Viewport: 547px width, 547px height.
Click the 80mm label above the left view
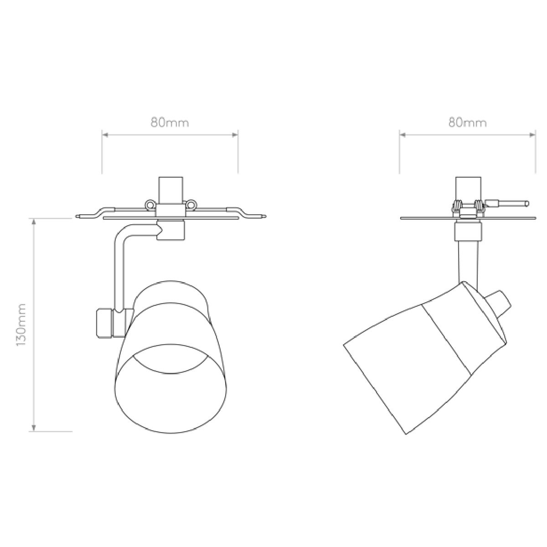click(x=170, y=123)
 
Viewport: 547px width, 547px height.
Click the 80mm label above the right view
click(x=467, y=123)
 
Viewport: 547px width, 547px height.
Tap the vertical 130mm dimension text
click(x=21, y=325)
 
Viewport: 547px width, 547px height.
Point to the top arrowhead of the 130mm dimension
click(x=34, y=222)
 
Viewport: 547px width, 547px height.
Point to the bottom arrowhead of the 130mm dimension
click(x=34, y=428)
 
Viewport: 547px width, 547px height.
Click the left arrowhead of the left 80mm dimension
click(x=105, y=134)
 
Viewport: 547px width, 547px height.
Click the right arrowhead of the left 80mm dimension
click(x=235, y=134)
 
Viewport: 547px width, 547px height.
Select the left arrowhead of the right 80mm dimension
click(x=403, y=134)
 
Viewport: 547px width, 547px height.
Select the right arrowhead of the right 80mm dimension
click(x=532, y=134)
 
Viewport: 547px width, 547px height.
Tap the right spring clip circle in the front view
click(x=191, y=204)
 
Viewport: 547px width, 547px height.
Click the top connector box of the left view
click(x=170, y=190)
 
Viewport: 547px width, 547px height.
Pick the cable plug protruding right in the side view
click(x=507, y=203)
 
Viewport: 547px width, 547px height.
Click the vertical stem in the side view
click(x=468, y=264)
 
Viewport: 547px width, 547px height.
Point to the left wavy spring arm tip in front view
click(x=77, y=217)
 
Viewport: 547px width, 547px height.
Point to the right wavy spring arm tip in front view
click(x=265, y=217)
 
